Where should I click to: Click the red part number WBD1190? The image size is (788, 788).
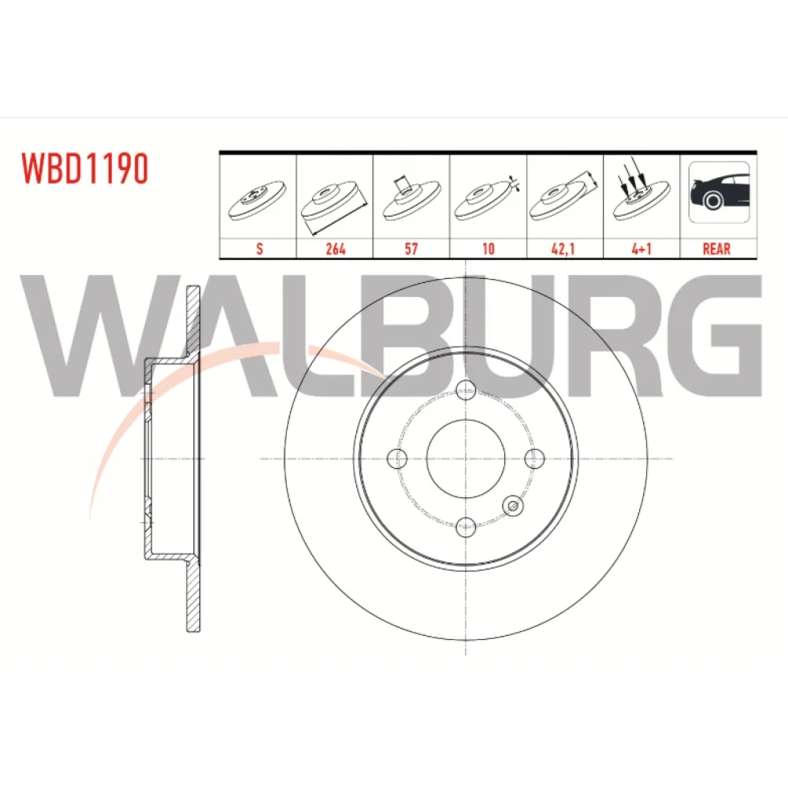coord(84,169)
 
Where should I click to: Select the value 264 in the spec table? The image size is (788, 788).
coord(335,248)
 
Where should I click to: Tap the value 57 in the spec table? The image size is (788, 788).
coord(411,248)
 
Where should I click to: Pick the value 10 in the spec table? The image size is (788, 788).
coord(488,248)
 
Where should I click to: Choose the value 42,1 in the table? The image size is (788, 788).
coord(563,249)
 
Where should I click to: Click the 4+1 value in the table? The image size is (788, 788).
coord(641,248)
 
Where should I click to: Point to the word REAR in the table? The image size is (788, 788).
coord(716,248)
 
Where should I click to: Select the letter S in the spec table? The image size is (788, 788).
coord(259,248)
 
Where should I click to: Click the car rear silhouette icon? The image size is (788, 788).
coord(719,192)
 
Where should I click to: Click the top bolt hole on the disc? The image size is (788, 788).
coord(466,388)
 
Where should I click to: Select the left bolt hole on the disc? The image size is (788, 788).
coord(397,458)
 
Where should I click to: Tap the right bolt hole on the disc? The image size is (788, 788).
coord(534,458)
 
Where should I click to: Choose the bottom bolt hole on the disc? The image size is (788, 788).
coord(466,527)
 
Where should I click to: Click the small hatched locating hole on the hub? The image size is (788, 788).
coord(513,506)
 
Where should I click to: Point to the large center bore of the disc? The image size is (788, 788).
coord(466,459)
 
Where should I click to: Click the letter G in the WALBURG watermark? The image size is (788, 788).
coord(722,335)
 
